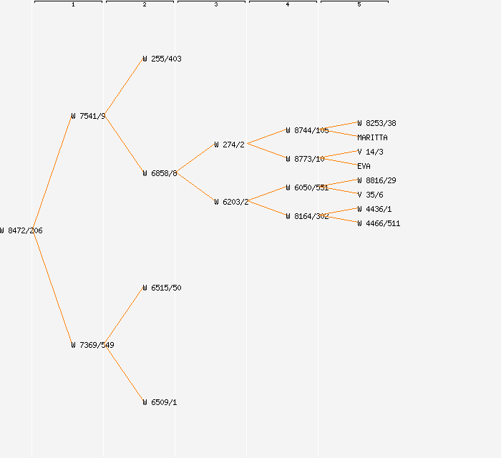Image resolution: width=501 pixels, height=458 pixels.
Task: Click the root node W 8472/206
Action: point(21,230)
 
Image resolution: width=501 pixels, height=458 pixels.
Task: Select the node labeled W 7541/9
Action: point(88,116)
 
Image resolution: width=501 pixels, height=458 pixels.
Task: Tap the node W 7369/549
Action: point(92,345)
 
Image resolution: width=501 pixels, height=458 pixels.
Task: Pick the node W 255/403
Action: point(162,59)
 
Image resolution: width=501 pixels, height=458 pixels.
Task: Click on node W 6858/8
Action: point(160,173)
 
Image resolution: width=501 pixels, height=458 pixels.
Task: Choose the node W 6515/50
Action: point(162,288)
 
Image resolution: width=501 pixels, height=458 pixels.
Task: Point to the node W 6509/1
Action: point(160,402)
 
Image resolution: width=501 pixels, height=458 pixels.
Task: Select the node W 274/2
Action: point(229,145)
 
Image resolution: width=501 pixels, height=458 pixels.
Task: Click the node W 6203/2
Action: point(231,202)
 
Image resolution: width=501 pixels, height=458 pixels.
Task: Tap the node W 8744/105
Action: point(307,130)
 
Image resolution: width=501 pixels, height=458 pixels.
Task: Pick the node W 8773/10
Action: point(305,159)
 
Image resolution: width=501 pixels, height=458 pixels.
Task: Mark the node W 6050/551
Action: point(307,187)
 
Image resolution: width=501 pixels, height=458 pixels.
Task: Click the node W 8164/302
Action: point(307,216)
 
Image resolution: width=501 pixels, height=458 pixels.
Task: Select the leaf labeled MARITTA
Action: point(372,137)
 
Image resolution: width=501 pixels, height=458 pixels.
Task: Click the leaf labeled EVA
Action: point(364,166)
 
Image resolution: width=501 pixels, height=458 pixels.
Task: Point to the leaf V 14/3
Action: point(370,152)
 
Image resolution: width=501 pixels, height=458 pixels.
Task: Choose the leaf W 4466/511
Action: point(379,223)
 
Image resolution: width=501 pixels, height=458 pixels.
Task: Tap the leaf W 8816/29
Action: point(376,180)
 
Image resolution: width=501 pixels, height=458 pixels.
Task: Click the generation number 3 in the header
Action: point(215,5)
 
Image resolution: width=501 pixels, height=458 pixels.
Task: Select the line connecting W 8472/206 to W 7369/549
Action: point(52,288)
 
